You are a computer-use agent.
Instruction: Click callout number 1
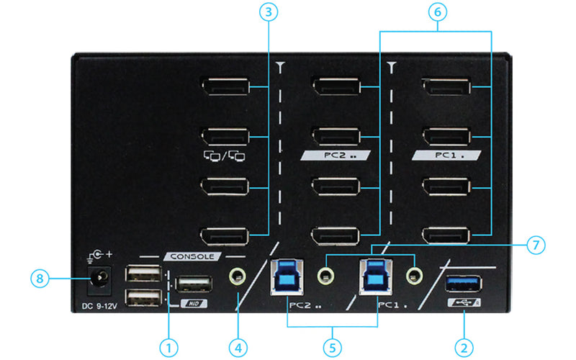click(x=168, y=348)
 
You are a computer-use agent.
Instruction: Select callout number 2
click(x=464, y=348)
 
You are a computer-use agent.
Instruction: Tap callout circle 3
click(x=269, y=12)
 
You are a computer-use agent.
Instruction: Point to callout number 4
click(x=238, y=348)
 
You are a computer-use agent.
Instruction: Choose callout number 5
click(x=333, y=348)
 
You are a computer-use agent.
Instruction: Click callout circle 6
click(x=438, y=12)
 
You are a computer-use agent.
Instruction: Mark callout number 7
click(x=536, y=245)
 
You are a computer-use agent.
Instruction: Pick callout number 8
click(x=40, y=279)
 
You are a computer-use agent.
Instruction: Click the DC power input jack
click(x=99, y=280)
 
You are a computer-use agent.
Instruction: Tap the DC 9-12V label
click(x=99, y=305)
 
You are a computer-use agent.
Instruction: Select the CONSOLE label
click(x=192, y=256)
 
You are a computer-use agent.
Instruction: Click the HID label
click(x=194, y=303)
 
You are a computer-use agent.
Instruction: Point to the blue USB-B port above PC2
click(x=287, y=277)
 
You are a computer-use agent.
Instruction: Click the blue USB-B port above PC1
click(x=376, y=276)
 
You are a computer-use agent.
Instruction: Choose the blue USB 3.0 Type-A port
click(x=464, y=284)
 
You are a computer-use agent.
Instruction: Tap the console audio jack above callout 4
click(x=238, y=276)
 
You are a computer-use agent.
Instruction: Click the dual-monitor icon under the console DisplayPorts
click(x=225, y=156)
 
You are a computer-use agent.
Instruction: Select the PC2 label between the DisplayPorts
click(x=336, y=156)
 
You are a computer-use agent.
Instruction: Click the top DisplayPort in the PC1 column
click(x=446, y=86)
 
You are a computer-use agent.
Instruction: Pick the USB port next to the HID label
click(x=194, y=284)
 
